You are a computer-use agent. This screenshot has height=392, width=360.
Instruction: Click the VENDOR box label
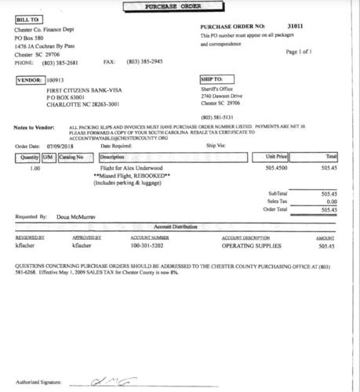tap(29, 79)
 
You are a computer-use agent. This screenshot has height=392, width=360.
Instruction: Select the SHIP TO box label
tap(215, 79)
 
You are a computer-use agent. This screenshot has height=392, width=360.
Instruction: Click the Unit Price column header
tap(282, 157)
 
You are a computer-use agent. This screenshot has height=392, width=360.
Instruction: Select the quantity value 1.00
tap(35, 167)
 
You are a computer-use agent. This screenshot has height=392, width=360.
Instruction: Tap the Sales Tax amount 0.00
tap(329, 201)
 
